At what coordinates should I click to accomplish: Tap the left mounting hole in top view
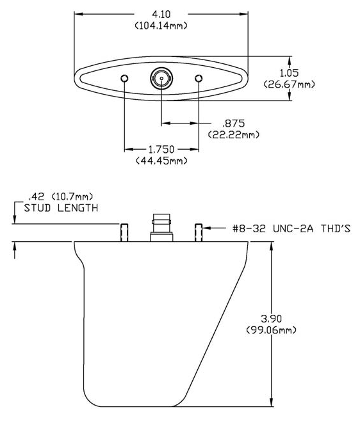124,78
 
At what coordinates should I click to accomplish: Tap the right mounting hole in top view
199,78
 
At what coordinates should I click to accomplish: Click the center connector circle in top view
160,79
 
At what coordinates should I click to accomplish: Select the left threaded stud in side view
124,232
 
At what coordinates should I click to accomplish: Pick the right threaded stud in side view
199,232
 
